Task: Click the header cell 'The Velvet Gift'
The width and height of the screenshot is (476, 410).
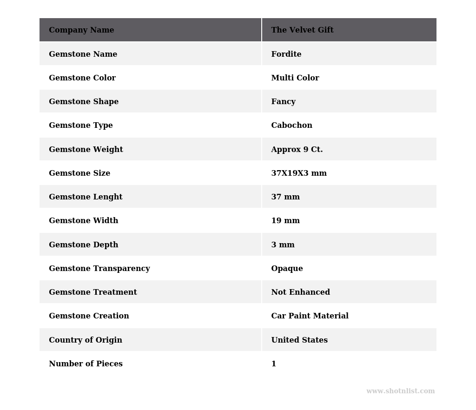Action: click(302, 30)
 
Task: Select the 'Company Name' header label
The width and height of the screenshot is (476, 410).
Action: click(81, 30)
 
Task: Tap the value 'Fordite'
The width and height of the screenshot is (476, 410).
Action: click(286, 54)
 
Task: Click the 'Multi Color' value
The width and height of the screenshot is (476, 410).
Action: click(295, 78)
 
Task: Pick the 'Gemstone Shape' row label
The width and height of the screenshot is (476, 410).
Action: click(84, 102)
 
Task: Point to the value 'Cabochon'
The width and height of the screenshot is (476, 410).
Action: click(291, 126)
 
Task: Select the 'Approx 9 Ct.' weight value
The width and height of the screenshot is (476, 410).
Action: click(297, 150)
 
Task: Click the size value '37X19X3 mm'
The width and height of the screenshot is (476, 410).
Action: click(298, 173)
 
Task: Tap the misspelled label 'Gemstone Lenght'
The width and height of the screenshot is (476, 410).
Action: click(86, 197)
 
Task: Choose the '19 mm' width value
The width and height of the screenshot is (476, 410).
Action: click(285, 221)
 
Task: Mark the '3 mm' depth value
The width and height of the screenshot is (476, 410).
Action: click(283, 245)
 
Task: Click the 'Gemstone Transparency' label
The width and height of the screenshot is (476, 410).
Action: click(99, 269)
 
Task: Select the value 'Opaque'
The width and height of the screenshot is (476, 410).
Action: click(287, 269)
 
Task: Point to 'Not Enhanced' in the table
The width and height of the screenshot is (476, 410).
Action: click(300, 292)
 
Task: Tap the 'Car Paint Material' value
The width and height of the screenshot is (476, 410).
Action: click(310, 316)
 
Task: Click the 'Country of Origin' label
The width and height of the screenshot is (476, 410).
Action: click(86, 340)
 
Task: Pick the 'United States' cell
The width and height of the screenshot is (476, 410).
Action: click(299, 340)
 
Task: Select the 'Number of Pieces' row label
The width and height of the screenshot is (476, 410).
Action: click(86, 364)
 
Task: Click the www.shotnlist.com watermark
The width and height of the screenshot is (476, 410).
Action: click(400, 391)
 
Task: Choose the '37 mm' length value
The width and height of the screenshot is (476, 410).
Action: click(285, 197)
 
